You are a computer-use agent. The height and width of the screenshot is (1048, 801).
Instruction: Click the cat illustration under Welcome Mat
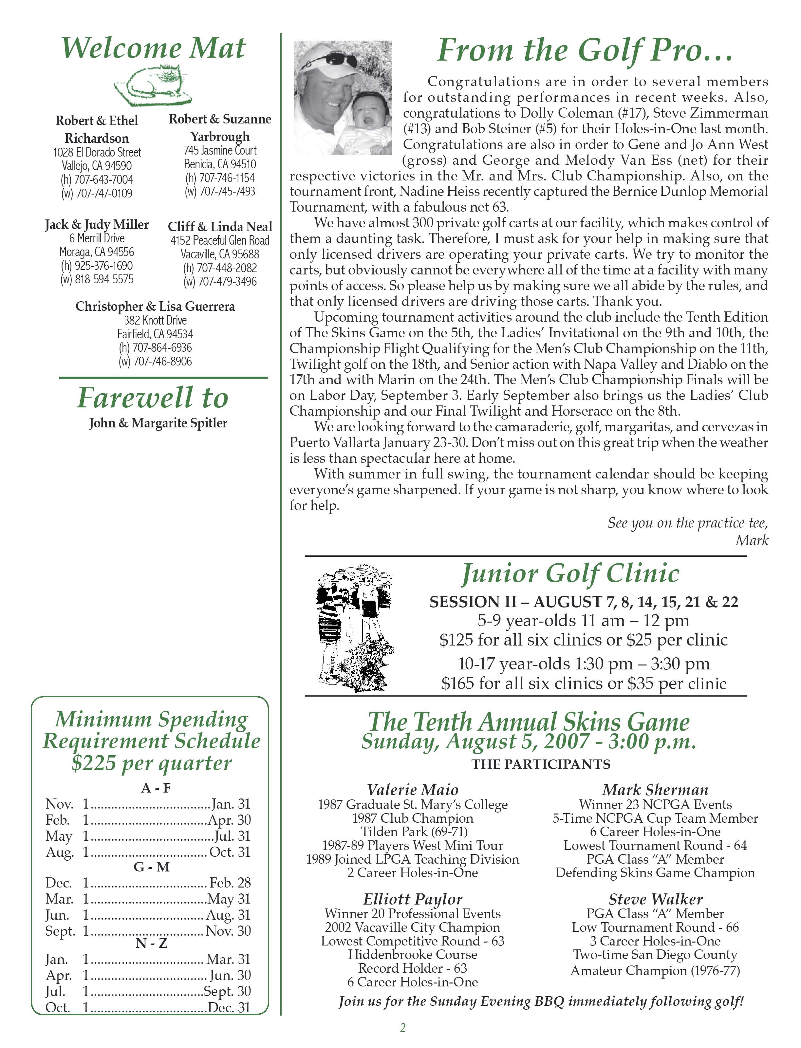coord(153,86)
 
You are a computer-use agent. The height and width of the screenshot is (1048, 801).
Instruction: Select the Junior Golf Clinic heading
coord(570,573)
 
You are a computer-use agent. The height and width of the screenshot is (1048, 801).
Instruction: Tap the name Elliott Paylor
coord(412,899)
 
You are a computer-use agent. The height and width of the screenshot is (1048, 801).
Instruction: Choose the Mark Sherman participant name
coord(655,790)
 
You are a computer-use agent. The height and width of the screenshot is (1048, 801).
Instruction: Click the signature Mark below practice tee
coord(752,540)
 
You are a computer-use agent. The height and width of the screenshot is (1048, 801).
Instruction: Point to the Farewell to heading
coord(153,398)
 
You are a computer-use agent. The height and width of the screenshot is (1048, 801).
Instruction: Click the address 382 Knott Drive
coord(156,320)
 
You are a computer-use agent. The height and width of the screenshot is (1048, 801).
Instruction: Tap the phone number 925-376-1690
coord(103,266)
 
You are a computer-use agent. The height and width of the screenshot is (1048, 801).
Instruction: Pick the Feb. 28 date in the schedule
coord(230,883)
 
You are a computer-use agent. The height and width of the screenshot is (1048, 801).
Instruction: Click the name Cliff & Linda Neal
coord(220,227)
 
